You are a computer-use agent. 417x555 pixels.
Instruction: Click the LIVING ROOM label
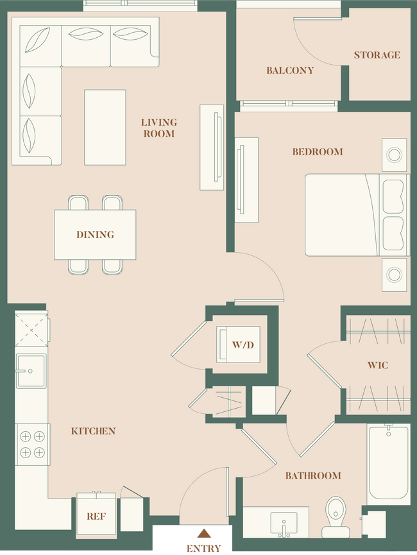(x=159, y=128)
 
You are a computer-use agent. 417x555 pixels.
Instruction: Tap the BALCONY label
(x=290, y=70)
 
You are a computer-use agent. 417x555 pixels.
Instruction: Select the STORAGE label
(x=377, y=55)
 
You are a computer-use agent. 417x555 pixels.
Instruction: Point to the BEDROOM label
(x=317, y=152)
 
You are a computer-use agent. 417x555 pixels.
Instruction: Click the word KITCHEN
(x=93, y=431)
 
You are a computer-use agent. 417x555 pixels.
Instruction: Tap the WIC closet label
(x=377, y=365)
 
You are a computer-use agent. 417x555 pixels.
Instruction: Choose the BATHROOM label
(x=313, y=475)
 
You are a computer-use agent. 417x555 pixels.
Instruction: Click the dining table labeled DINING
(x=95, y=235)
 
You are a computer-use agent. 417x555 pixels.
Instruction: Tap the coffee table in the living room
(x=105, y=127)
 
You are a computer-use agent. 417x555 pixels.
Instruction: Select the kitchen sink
(x=31, y=371)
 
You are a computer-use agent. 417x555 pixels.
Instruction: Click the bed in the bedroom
(x=355, y=214)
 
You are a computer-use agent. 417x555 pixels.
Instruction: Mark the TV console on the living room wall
(x=212, y=148)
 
